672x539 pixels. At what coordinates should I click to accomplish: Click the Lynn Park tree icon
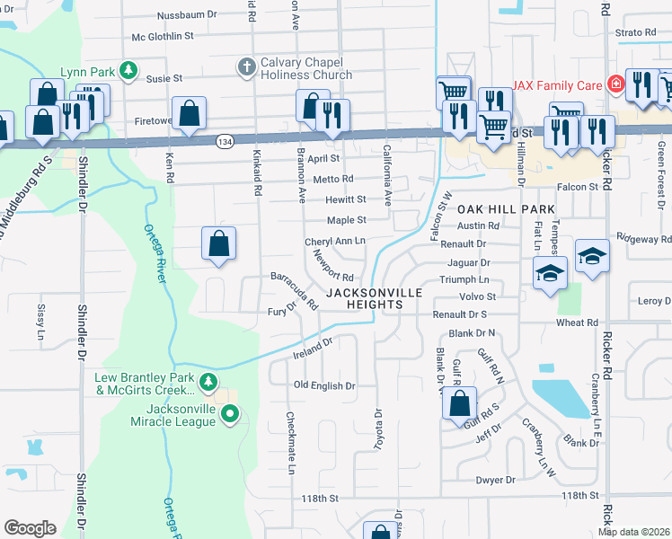pyautogui.click(x=128, y=70)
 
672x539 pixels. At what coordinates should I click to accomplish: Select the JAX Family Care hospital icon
pyautogui.click(x=615, y=84)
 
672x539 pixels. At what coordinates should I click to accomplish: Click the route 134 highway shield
pyautogui.click(x=225, y=140)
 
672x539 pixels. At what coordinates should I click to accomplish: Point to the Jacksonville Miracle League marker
pyautogui.click(x=230, y=414)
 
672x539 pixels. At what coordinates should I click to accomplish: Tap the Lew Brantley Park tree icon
pyautogui.click(x=208, y=382)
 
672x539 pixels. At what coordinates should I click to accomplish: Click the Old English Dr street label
pyautogui.click(x=325, y=385)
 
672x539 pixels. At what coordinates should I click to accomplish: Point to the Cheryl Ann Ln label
pyautogui.click(x=335, y=242)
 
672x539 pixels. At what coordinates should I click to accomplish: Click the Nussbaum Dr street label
pyautogui.click(x=187, y=15)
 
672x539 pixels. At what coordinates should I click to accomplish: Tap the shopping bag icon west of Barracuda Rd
pyautogui.click(x=218, y=243)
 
